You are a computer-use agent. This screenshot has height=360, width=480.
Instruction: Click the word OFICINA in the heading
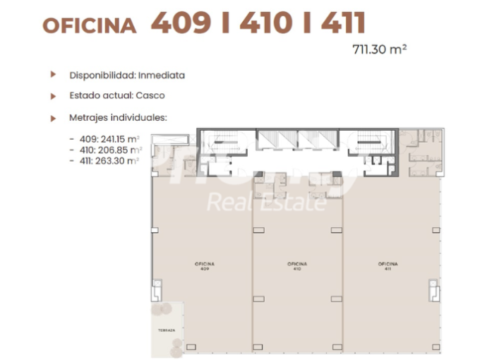[x=90, y=25]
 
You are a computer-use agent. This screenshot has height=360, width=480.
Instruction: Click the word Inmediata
[x=162, y=75]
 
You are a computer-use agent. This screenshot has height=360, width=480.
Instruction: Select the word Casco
[x=151, y=95]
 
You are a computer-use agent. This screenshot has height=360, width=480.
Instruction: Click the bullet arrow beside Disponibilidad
[x=53, y=74]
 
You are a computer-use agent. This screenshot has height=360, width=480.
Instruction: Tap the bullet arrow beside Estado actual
[x=53, y=95]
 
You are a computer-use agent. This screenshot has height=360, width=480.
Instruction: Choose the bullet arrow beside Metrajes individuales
[x=53, y=118]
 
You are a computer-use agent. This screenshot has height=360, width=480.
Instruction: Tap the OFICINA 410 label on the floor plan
[x=297, y=266]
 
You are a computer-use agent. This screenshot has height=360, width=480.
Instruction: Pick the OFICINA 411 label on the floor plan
[x=387, y=266]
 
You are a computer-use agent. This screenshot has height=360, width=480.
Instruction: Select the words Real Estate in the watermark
[x=266, y=203]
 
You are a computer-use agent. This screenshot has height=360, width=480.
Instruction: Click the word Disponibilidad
[x=102, y=75]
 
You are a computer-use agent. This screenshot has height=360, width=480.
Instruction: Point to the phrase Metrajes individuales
[x=118, y=118]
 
